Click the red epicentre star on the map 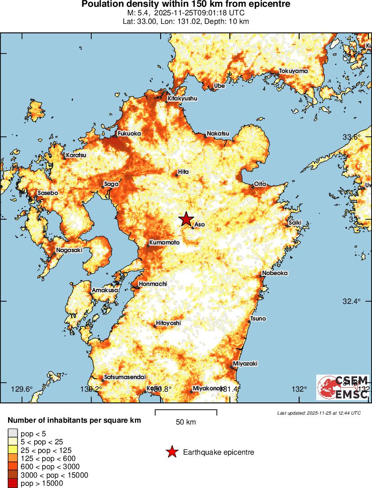186,219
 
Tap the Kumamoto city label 164,243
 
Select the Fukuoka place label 129,134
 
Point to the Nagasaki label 69,250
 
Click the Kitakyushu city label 182,98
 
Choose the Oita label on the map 260,184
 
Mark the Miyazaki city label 245,363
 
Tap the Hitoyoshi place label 168,323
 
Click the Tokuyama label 293,71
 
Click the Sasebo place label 48,193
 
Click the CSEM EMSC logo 343,387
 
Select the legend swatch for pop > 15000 12,483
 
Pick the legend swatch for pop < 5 12,434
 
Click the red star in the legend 172,452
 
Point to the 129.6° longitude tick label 22,389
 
